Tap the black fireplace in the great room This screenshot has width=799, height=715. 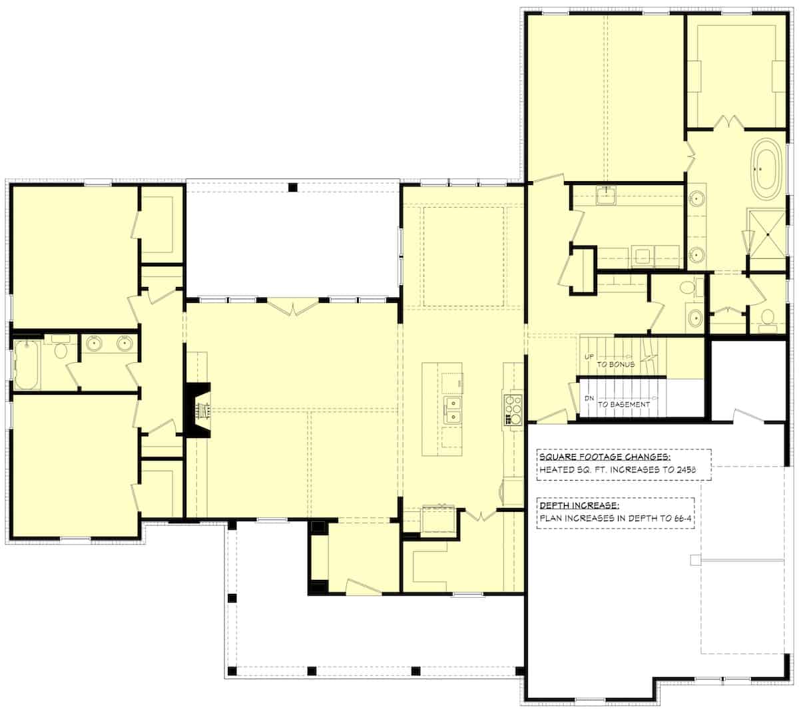tap(197, 409)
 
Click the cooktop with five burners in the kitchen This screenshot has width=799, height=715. tap(513, 408)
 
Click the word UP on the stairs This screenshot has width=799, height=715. tap(589, 357)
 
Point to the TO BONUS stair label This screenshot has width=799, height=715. tap(615, 365)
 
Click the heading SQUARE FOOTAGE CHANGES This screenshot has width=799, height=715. tap(605, 457)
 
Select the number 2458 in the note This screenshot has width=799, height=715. tap(680, 470)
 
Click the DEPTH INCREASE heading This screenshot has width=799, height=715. tap(579, 505)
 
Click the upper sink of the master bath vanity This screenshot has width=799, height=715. tap(696, 198)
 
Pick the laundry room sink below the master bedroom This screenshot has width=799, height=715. tap(607, 197)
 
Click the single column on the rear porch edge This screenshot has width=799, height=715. tap(292, 187)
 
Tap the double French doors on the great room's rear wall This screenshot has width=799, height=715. tap(292, 307)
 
